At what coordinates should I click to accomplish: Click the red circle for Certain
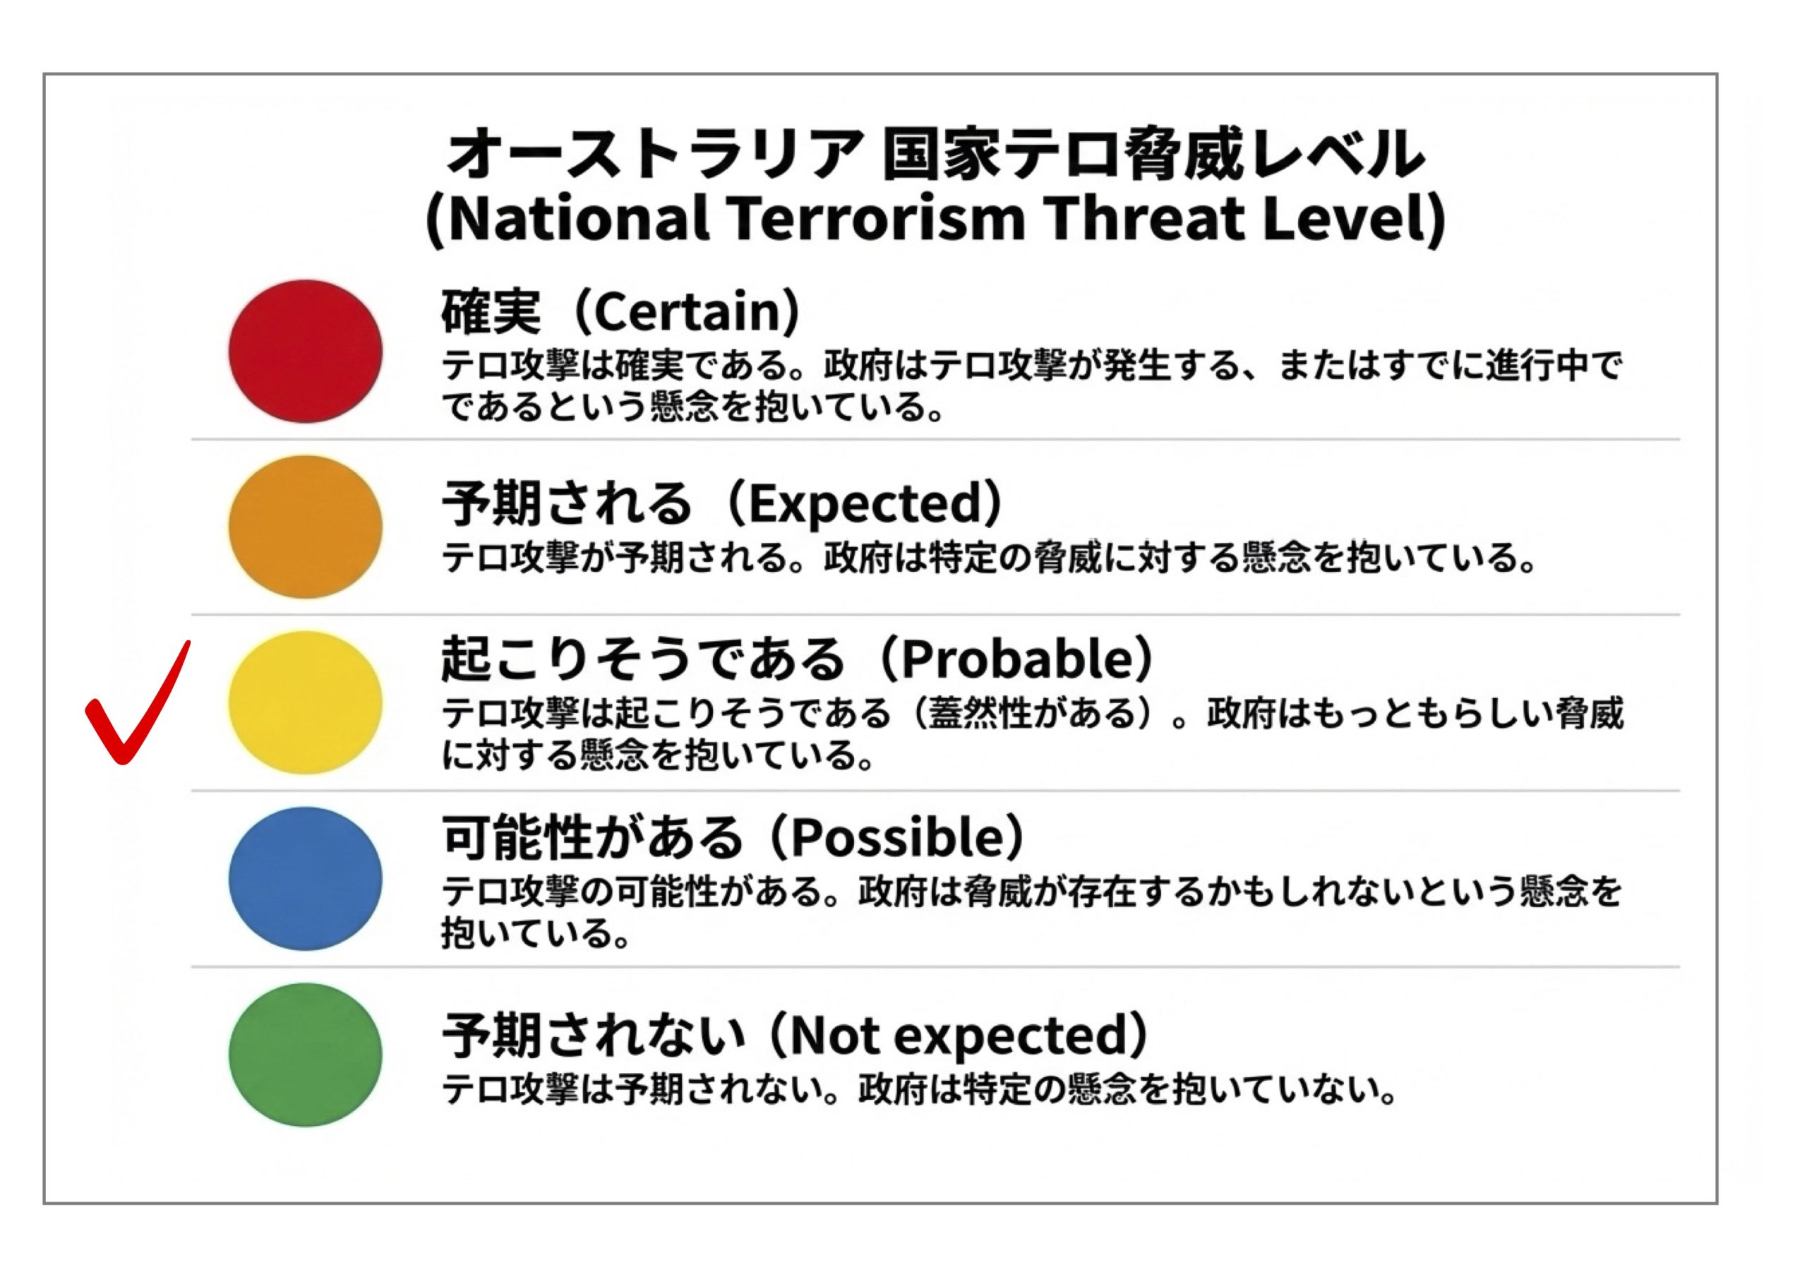(x=306, y=351)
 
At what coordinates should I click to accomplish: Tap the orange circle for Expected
(x=306, y=527)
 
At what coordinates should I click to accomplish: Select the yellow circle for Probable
(x=306, y=702)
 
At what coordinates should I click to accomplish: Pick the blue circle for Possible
(x=306, y=879)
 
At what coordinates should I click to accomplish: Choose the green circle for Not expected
(x=306, y=1055)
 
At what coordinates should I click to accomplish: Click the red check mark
(x=138, y=703)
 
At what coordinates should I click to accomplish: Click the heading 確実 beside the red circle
(x=491, y=312)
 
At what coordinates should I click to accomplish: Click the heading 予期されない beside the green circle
(x=591, y=1034)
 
